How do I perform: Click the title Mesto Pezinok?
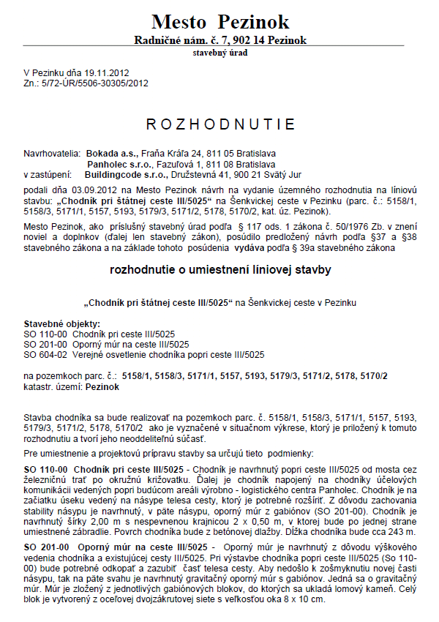tap(220, 21)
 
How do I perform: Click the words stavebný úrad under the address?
tap(220, 53)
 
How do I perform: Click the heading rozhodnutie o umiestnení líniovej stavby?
tap(220, 250)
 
